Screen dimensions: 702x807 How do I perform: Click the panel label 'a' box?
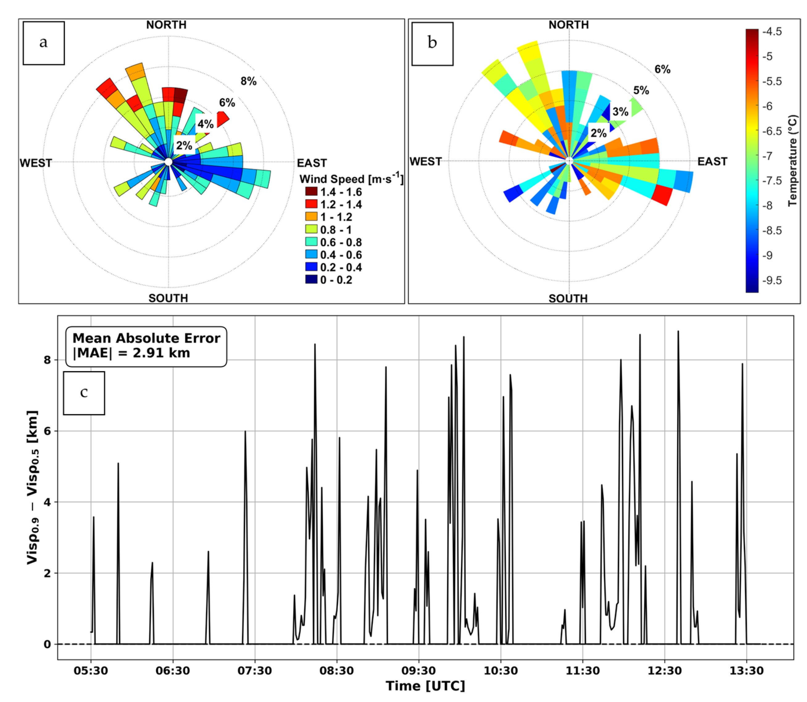point(44,43)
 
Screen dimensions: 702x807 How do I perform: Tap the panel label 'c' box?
point(84,393)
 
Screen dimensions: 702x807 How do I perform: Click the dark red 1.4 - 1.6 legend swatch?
point(311,192)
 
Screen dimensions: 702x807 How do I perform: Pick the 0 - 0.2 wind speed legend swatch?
point(311,280)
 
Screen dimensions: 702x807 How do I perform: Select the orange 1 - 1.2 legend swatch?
point(311,217)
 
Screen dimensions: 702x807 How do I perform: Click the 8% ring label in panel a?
point(248,81)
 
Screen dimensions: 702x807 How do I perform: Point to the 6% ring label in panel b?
point(662,69)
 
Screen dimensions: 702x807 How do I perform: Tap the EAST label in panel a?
point(312,163)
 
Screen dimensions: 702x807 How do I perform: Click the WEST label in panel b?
point(425,161)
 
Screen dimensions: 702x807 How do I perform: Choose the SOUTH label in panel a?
point(168,298)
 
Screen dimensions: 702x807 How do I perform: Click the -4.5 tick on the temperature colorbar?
point(772,32)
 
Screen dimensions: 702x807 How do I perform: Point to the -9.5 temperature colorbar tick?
point(772,281)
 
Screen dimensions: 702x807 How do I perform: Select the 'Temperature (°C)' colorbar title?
point(792,161)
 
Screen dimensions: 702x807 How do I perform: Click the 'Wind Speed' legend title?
point(351,179)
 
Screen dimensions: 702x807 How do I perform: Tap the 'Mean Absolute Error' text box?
point(146,346)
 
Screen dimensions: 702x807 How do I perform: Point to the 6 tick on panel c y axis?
point(48,431)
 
